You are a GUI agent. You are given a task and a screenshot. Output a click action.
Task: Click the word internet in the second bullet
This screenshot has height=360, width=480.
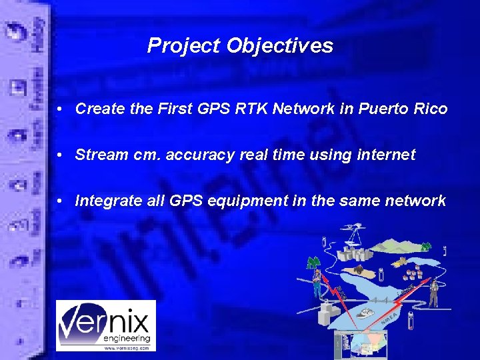tap(386, 155)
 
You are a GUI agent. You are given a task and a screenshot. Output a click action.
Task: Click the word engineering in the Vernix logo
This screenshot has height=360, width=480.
tap(127, 338)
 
